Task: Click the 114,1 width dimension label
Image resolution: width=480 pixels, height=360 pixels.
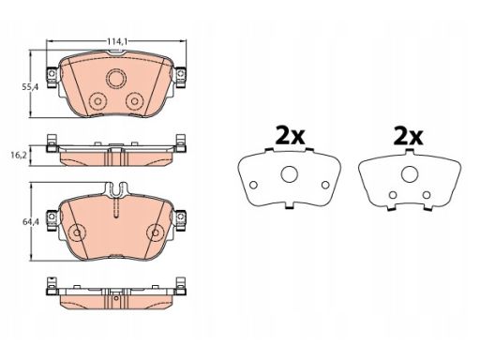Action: coord(117,41)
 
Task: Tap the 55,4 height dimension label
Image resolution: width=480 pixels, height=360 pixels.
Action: coord(30,88)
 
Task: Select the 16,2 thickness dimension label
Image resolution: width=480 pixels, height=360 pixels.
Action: coord(19,155)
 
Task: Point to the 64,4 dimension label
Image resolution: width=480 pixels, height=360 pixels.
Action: coord(30,222)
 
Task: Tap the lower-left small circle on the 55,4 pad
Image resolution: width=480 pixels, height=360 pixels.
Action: coord(97,101)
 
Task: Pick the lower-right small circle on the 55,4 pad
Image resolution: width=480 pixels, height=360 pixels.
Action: coord(135,101)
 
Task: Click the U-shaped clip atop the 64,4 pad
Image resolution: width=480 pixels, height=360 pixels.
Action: coord(116,190)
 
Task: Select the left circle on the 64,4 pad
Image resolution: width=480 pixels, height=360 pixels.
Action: coord(77,232)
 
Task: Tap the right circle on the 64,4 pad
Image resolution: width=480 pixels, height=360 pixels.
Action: coord(156,232)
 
